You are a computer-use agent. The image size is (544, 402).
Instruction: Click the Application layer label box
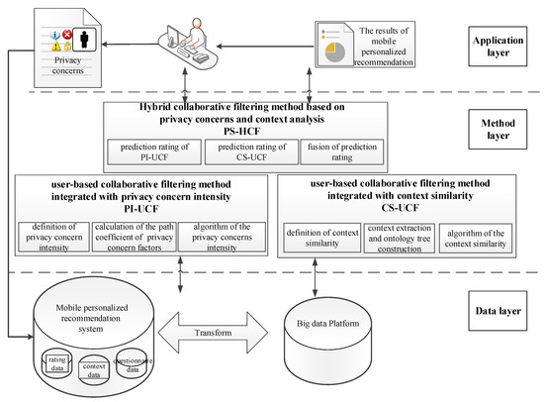(x=497, y=47)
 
